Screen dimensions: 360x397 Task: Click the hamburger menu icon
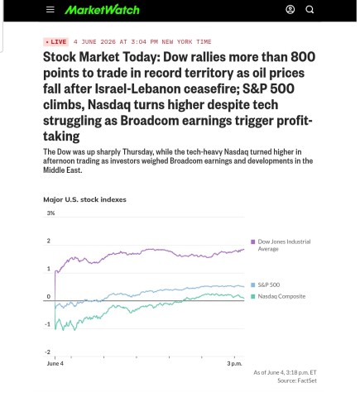[50, 10]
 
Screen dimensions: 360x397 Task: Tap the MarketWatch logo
[102, 10]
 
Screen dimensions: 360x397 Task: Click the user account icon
[290, 10]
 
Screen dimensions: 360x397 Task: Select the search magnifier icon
[310, 10]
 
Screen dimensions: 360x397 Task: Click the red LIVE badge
[56, 42]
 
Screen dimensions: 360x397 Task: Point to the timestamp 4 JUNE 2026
[94, 42]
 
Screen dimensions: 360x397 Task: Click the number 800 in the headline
[303, 57]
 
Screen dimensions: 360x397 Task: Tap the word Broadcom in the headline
[150, 121]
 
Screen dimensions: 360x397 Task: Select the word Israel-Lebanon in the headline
[138, 88]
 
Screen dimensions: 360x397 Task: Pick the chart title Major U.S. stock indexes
[84, 199]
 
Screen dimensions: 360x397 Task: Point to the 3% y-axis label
[50, 213]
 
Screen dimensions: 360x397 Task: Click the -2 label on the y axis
[48, 352]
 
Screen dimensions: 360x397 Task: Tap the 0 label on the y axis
[49, 297]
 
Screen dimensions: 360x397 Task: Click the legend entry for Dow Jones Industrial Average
[281, 245]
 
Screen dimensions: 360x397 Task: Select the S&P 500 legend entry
[266, 285]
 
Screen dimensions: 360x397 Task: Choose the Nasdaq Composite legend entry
[278, 296]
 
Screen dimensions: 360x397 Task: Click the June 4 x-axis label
[55, 363]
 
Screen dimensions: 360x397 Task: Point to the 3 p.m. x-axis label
[235, 364]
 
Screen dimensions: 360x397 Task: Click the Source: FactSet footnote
[297, 380]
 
